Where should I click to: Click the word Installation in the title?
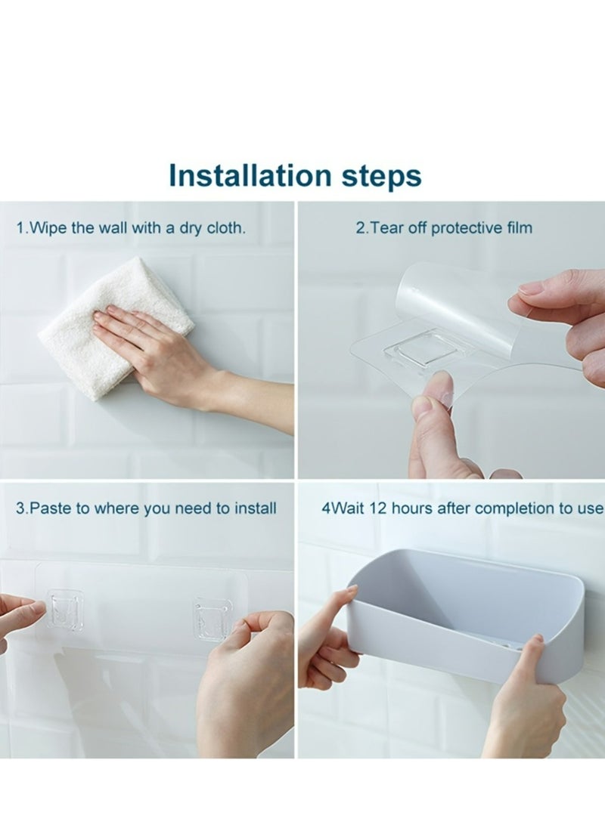(250, 175)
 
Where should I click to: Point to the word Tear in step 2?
(385, 228)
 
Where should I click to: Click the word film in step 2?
(520, 228)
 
